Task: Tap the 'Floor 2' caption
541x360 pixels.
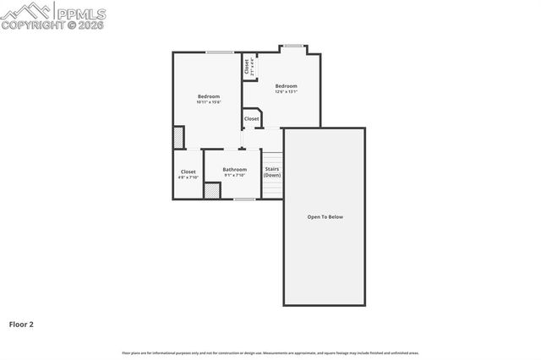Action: point(21,324)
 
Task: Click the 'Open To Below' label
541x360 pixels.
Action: point(325,217)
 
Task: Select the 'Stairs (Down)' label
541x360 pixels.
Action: point(272,172)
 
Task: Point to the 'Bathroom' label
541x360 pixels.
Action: point(235,169)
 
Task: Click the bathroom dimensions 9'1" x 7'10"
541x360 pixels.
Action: point(235,175)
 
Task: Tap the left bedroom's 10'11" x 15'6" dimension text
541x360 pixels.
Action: point(209,102)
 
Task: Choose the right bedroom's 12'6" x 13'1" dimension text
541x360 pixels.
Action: point(286,91)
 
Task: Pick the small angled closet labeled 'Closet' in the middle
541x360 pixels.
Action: point(252,119)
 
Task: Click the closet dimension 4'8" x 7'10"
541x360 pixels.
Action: point(188,177)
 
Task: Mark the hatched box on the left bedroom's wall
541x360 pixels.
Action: point(178,137)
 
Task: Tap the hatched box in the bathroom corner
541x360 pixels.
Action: point(212,191)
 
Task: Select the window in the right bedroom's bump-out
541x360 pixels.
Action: point(292,46)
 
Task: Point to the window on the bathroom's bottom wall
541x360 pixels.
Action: point(244,199)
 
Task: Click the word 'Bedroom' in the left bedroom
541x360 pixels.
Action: point(209,96)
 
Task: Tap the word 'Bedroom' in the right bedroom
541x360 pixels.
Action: point(286,85)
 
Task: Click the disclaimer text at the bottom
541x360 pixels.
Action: point(270,352)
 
